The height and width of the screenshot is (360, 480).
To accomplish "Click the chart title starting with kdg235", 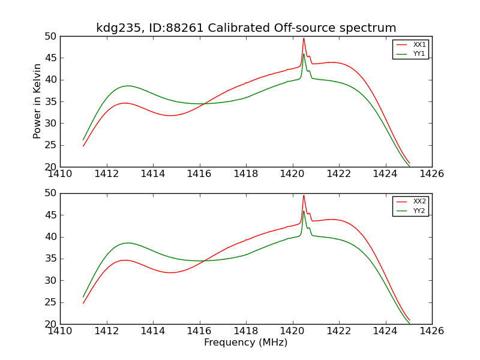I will point(246,28).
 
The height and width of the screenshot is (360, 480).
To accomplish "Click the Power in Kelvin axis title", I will point(37,101).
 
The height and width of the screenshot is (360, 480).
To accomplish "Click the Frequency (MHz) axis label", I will point(246,343).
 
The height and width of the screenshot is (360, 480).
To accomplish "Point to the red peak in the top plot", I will point(304,38).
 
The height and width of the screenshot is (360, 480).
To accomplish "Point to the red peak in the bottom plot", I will point(304,195).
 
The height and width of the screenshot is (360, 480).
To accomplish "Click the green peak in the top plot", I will point(304,54).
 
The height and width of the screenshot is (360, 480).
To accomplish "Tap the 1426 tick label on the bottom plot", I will point(432,331).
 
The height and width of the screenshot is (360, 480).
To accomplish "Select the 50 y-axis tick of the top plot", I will point(50,37).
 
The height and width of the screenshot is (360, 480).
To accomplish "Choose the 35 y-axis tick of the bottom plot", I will point(50,259).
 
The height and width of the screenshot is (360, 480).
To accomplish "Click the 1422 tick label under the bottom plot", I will point(339,331).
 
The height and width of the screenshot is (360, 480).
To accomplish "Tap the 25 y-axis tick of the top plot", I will point(50,145).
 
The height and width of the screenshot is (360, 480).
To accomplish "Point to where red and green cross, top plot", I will point(202,104).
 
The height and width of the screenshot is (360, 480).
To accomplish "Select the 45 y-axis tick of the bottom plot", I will point(50,215).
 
